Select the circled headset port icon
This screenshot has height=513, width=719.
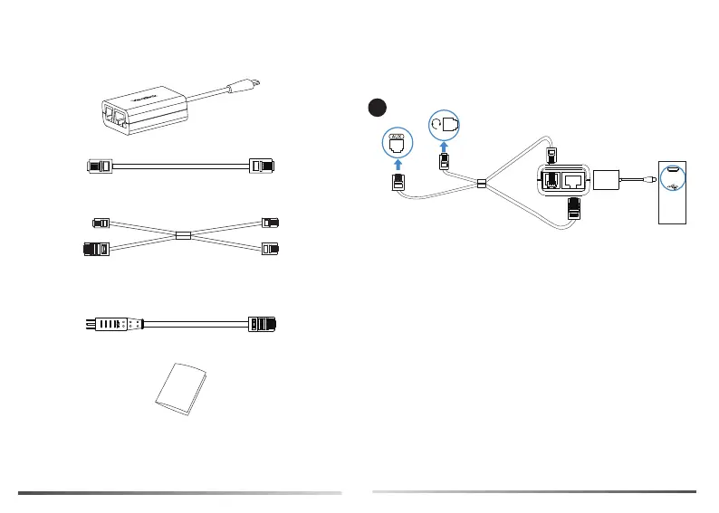click(446, 122)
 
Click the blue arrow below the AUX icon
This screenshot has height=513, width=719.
click(398, 165)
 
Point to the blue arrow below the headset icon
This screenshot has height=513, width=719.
click(444, 145)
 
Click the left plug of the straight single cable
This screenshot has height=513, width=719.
click(99, 166)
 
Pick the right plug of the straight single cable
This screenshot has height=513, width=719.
click(261, 166)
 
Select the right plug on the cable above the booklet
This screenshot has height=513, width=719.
click(262, 323)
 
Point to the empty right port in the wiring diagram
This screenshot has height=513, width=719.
click(573, 181)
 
